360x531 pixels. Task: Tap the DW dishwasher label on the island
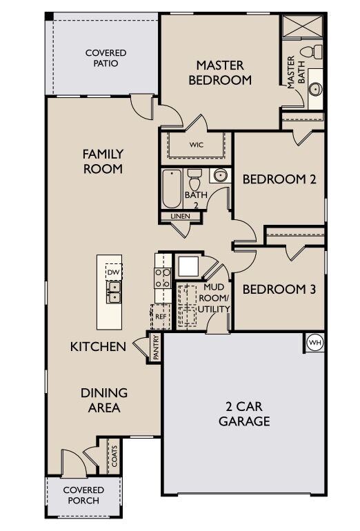pyautogui.click(x=114, y=272)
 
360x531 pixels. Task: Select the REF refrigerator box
pyautogui.click(x=160, y=316)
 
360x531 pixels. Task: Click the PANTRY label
pyautogui.click(x=156, y=348)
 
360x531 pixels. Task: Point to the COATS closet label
pyautogui.click(x=114, y=457)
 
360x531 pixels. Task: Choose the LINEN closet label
pyautogui.click(x=181, y=217)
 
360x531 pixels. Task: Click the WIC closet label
pyautogui.click(x=197, y=146)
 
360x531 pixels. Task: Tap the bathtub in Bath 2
pyautogui.click(x=172, y=188)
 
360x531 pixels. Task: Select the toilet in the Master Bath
pyautogui.click(x=316, y=51)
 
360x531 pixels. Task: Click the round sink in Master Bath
pyautogui.click(x=315, y=89)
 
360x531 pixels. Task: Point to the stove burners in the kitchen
pyautogui.click(x=162, y=278)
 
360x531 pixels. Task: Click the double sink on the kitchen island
pyautogui.click(x=114, y=297)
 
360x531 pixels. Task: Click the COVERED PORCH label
pyautogui.click(x=83, y=494)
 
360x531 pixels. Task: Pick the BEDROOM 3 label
pyautogui.click(x=279, y=289)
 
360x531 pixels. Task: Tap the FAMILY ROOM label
pyautogui.click(x=103, y=161)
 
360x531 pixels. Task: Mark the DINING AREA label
pyautogui.click(x=104, y=400)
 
